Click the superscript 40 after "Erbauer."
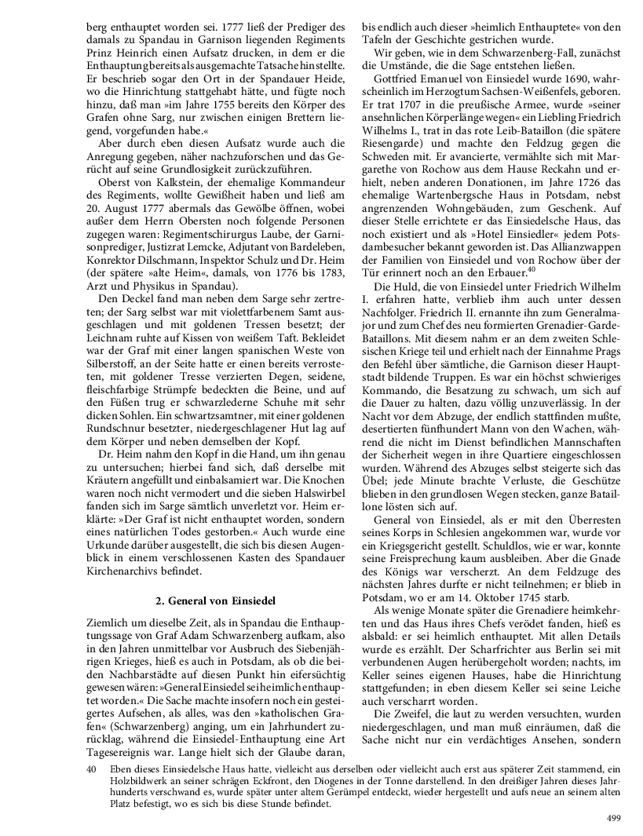pos(530,270)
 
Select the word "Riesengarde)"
pos(395,144)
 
